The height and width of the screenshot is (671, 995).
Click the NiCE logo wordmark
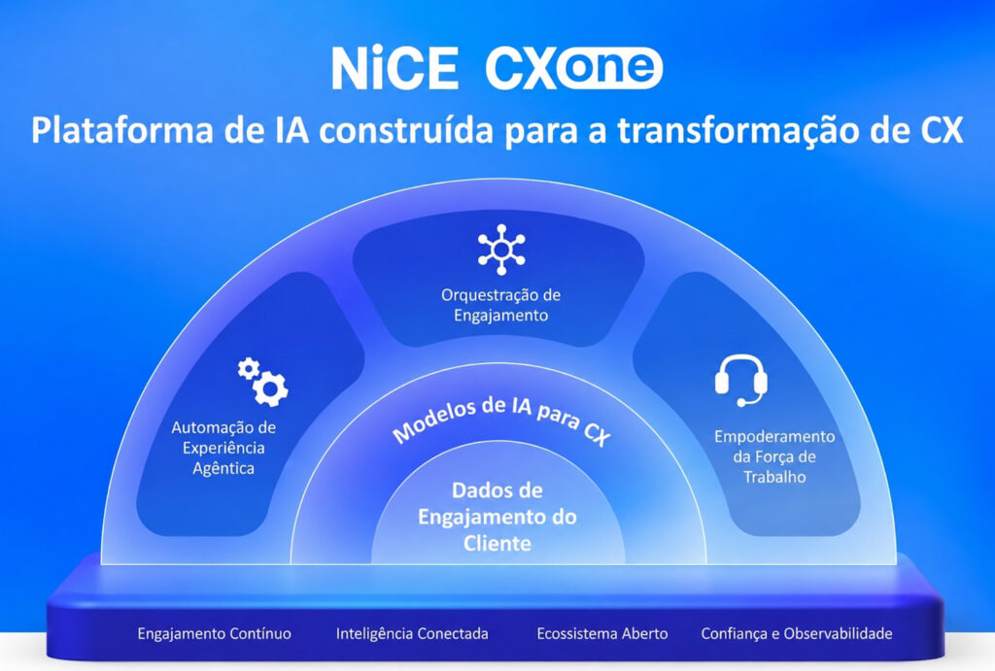click(x=395, y=68)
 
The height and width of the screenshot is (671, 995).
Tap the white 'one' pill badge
click(x=609, y=67)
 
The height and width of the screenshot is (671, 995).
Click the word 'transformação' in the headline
click(x=738, y=131)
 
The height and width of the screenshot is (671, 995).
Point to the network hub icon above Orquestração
click(x=501, y=250)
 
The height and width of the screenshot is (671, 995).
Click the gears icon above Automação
click(x=262, y=382)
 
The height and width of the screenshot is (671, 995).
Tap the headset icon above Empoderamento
click(x=741, y=381)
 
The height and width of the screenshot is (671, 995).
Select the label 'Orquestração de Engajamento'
click(x=500, y=305)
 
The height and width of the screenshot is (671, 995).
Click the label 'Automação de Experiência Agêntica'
click(x=223, y=448)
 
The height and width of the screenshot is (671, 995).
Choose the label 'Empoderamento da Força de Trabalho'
click(x=774, y=456)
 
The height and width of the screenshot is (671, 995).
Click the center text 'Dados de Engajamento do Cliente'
click(x=497, y=517)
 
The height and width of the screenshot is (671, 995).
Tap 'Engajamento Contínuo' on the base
click(x=215, y=633)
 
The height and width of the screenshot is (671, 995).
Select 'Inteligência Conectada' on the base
click(x=412, y=633)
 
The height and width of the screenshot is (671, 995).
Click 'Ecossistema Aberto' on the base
click(x=602, y=633)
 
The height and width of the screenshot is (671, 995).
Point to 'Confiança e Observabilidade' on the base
click(x=797, y=633)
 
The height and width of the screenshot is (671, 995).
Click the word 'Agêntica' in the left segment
click(x=223, y=468)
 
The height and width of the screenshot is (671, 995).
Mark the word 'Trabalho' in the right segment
click(x=774, y=477)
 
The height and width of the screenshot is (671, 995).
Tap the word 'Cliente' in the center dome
click(x=497, y=544)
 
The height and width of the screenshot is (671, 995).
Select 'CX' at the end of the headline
click(x=942, y=131)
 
